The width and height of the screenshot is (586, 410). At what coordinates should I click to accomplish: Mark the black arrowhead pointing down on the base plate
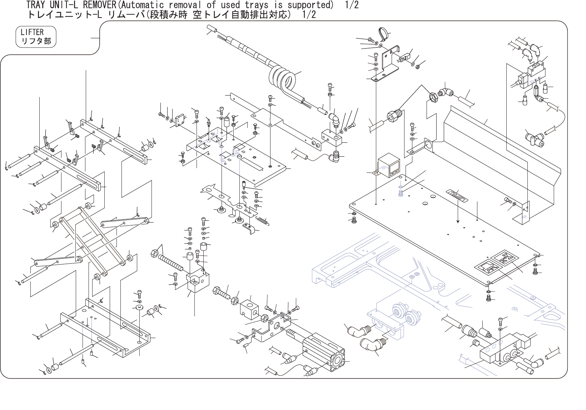(458, 221)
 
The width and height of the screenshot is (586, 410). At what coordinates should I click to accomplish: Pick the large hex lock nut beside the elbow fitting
(432, 97)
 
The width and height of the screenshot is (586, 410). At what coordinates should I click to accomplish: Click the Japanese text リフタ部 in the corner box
(36, 41)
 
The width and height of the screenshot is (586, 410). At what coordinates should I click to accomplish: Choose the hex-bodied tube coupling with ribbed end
(393, 116)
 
